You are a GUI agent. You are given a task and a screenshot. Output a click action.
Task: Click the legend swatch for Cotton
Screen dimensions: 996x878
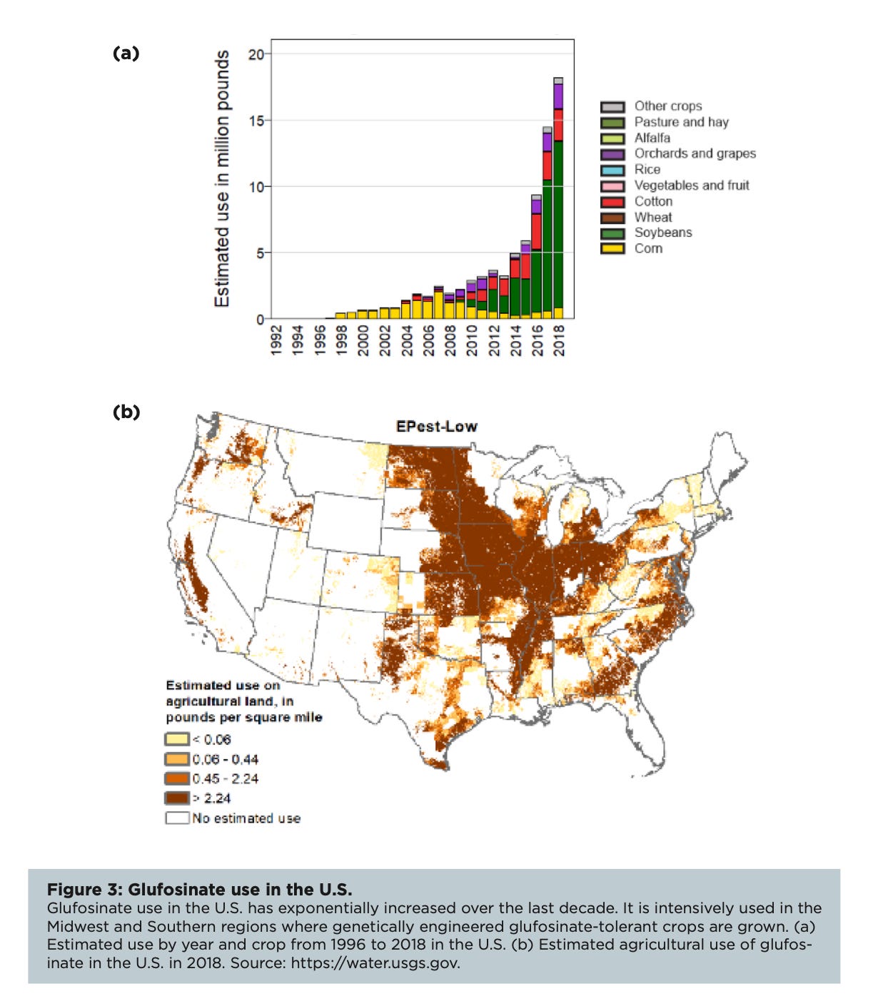[612, 202]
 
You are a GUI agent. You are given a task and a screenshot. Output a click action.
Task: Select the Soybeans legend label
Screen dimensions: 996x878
[663, 233]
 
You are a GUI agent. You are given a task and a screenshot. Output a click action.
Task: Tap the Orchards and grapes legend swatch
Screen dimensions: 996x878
[612, 154]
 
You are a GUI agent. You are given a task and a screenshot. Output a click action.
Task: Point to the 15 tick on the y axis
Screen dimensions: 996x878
[256, 121]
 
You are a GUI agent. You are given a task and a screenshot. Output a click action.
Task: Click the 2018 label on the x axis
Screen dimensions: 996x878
[559, 340]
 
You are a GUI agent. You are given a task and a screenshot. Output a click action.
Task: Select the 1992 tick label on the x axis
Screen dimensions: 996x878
[276, 340]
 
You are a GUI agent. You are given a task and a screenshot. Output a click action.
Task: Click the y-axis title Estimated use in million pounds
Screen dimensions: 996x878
[222, 178]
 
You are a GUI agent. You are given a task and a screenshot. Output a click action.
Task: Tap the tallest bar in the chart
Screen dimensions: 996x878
[558, 200]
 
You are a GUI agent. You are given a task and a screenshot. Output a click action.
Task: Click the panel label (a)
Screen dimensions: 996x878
[126, 53]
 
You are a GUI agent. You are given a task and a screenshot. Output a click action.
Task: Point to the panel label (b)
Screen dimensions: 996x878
[126, 412]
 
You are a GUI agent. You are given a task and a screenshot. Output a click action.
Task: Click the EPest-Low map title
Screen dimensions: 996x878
[436, 427]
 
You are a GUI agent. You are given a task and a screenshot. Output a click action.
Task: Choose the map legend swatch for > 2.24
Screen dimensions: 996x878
[178, 798]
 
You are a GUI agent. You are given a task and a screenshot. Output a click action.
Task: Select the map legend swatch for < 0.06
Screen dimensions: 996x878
[178, 739]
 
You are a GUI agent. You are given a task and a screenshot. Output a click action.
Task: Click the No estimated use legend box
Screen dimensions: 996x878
[178, 818]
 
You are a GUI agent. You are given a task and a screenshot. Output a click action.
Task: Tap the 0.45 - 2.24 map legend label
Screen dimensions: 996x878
[225, 779]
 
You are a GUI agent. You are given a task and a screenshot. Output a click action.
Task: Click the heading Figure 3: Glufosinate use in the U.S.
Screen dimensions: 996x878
[199, 890]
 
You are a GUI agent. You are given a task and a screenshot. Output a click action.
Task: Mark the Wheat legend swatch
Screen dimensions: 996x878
[612, 218]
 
